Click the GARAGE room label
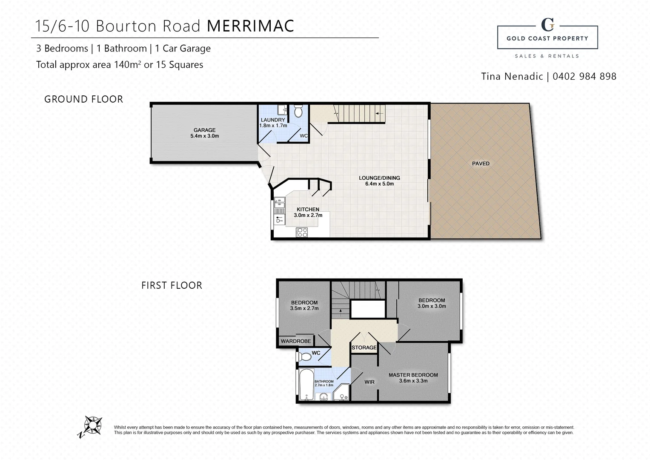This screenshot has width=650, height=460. tap(204, 130)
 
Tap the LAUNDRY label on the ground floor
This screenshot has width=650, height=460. tap(273, 120)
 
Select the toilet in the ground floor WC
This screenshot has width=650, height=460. tap(298, 112)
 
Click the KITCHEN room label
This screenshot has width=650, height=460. tap(308, 210)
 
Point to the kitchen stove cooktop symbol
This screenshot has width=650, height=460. tap(302, 232)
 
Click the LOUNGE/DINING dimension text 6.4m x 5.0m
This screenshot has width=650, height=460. tap(379, 184)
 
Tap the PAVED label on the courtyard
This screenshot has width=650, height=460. tap(481, 164)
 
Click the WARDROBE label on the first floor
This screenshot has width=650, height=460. tap(296, 341)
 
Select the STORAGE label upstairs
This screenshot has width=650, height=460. tap(364, 348)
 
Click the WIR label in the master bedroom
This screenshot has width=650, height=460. tap(369, 382)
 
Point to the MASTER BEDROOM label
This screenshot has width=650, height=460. tap(413, 375)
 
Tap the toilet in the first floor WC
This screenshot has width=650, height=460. tap(304, 357)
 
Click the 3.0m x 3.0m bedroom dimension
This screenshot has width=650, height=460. tap(432, 306)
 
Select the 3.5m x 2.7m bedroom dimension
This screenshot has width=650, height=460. tap(304, 308)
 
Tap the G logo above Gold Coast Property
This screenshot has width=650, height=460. tap(547, 25)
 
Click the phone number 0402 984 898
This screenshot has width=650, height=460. tap(584, 76)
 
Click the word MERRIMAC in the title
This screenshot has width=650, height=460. tap(250, 26)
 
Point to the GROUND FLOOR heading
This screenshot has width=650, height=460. tap(83, 99)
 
